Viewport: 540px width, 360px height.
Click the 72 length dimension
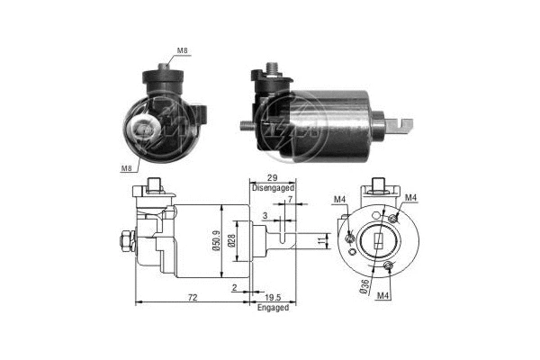tap(193, 296)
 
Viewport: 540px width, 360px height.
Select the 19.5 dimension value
tap(272, 296)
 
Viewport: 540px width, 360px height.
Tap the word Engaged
tap(272, 308)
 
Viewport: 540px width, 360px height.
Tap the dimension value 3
tap(264, 216)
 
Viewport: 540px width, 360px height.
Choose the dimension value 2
tap(233, 287)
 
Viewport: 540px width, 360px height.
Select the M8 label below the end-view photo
tap(125, 167)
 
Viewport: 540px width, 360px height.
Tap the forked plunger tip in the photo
tap(403, 121)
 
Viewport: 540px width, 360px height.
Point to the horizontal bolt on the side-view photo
tap(252, 125)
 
